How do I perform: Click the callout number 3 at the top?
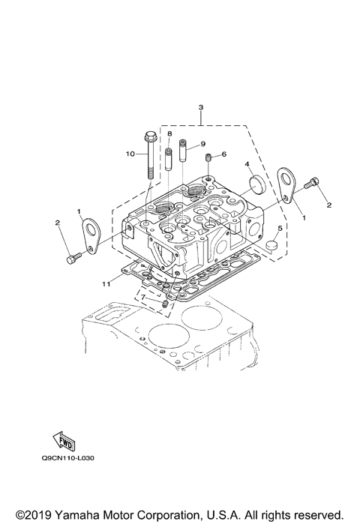[200, 107]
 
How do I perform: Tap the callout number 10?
[130, 154]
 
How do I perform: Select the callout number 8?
[169, 133]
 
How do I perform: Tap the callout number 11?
[106, 283]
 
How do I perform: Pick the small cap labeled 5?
[274, 244]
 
